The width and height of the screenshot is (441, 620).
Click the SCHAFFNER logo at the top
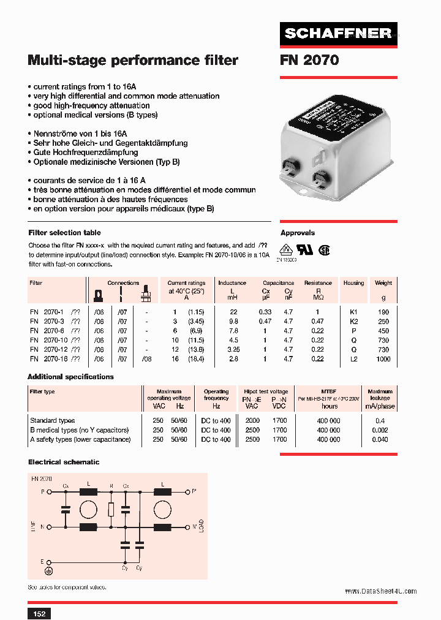coord(339,34)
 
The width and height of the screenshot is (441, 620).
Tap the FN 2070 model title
coord(309,60)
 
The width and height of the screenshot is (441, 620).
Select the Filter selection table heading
coord(65,233)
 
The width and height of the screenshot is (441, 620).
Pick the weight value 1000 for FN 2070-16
coord(383,359)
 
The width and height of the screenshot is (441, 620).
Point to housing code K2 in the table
coord(353,321)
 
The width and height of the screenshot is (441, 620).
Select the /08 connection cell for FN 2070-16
coord(146,359)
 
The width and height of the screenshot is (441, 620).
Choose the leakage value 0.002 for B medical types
coord(380,430)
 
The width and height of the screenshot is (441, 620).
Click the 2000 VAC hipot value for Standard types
coord(252,421)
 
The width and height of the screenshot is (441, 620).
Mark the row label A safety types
coord(80,439)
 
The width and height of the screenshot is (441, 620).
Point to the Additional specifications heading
coord(71,377)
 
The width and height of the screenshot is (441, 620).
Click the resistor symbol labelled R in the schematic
coord(111,510)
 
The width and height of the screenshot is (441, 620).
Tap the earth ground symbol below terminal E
coord(50,571)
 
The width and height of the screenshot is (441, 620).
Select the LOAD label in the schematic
coord(201,527)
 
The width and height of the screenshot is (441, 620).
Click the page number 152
coord(39,613)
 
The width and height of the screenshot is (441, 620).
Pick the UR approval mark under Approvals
coord(304,250)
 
